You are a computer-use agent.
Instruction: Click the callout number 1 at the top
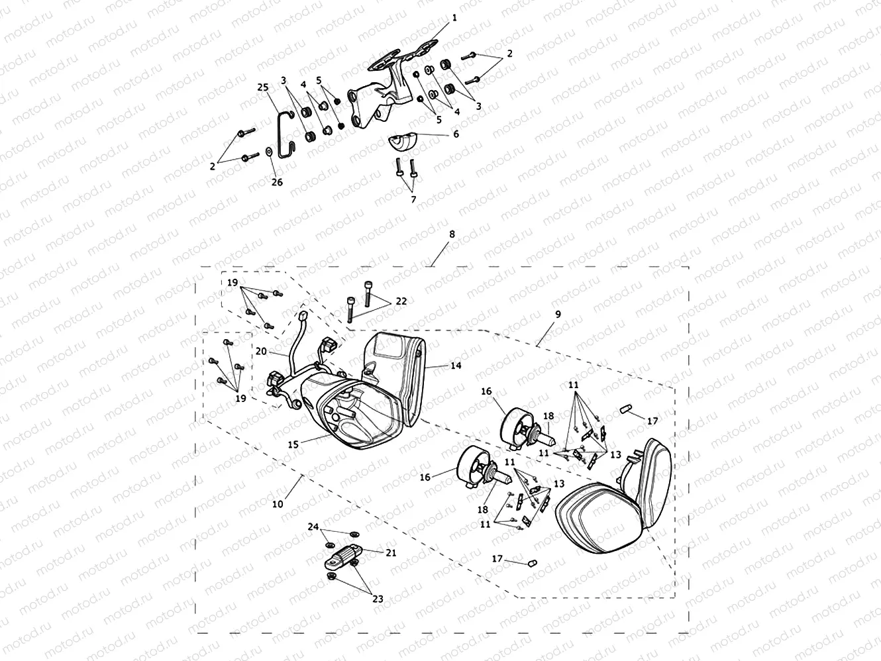coord(454,19)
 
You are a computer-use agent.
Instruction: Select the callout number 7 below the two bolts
coord(413,199)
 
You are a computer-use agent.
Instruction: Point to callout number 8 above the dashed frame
coord(452,234)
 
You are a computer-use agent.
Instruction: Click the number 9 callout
coord(558,315)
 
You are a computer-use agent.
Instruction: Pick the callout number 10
coord(278,504)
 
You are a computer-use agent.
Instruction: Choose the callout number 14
coord(456,365)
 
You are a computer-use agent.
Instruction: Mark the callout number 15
coord(293,445)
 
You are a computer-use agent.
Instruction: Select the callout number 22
coord(401,301)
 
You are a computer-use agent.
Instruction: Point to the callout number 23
coord(378,599)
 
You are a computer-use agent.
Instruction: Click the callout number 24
coord(313,527)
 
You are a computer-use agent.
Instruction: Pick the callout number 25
coord(263,87)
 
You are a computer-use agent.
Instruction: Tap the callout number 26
coord(277,181)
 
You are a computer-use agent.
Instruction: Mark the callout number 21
coord(391,552)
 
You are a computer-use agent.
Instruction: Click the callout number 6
coord(456,134)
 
